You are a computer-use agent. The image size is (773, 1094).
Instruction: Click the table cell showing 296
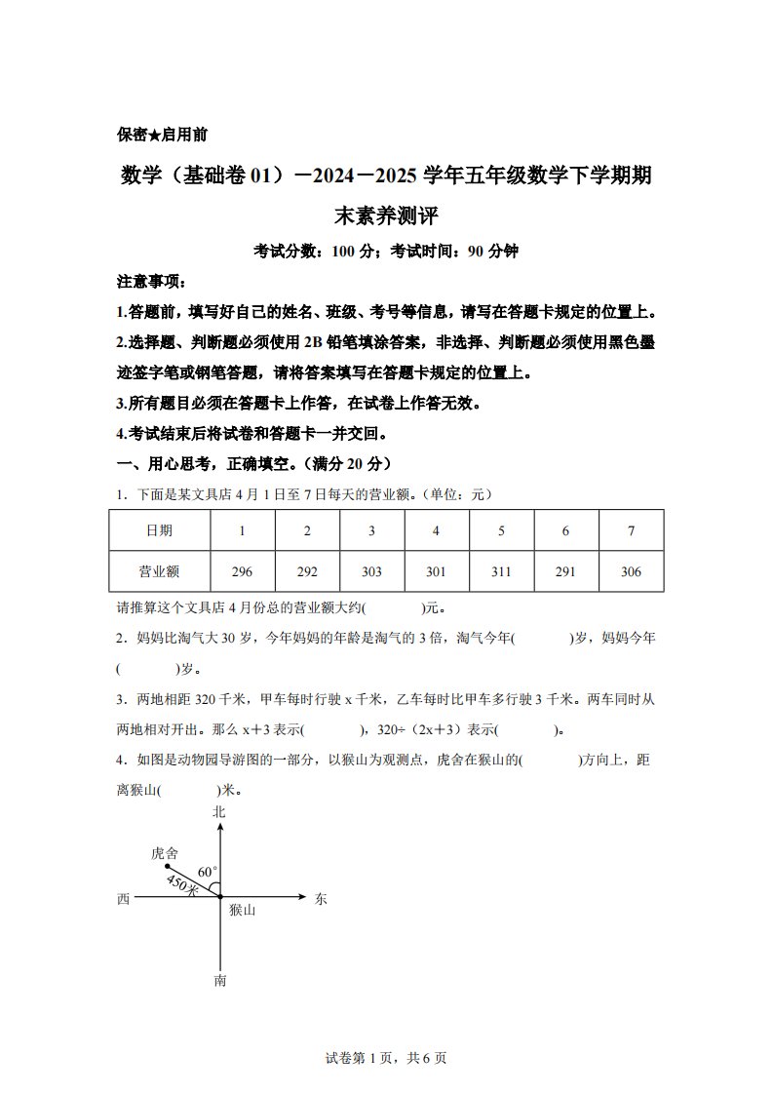click(x=243, y=571)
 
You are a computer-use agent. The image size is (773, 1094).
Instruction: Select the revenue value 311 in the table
click(x=501, y=571)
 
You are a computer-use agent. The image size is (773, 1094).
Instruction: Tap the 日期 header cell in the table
click(x=159, y=530)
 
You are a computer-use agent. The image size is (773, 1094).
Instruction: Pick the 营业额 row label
click(x=159, y=571)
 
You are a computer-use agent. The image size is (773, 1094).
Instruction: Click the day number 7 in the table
click(x=631, y=530)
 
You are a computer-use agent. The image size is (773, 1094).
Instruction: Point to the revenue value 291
click(x=565, y=571)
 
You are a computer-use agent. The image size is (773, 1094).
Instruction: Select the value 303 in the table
click(x=371, y=571)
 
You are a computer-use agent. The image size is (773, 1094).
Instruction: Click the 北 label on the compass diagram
click(x=219, y=811)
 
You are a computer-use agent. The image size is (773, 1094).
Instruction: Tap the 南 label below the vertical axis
click(x=220, y=980)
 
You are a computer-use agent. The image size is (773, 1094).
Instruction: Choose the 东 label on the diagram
click(x=321, y=899)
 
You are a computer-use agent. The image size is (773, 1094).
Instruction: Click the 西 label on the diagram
click(x=123, y=899)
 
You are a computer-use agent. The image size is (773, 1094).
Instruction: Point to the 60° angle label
click(x=208, y=871)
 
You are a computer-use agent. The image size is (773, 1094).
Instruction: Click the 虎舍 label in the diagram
click(x=164, y=852)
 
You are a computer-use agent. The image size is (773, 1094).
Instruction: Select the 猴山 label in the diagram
click(x=242, y=910)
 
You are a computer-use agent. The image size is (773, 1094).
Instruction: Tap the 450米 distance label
click(x=182, y=885)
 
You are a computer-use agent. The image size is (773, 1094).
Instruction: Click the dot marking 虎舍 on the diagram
click(x=167, y=866)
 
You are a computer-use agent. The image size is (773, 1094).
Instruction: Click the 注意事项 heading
click(x=150, y=282)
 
